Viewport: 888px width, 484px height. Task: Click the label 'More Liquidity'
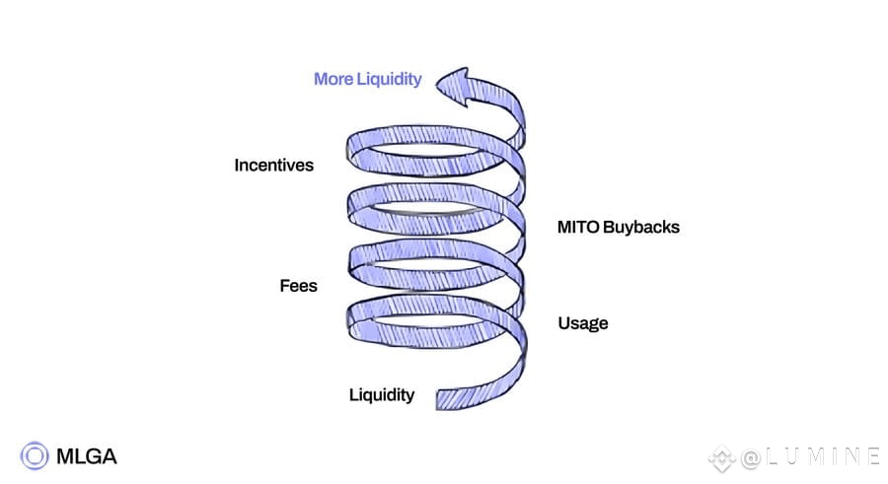coord(367,79)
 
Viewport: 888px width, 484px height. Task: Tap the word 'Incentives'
coord(273,165)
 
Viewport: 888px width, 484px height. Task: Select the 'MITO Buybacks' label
coord(619,228)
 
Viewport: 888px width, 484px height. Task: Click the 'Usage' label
coord(582,323)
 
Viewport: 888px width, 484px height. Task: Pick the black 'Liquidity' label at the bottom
coord(382,395)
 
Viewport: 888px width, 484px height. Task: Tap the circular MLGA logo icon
coord(36,455)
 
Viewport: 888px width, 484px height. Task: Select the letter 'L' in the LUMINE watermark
coord(771,456)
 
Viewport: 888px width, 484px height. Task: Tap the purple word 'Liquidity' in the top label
coord(389,79)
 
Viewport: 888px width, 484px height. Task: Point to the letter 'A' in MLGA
coord(108,455)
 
